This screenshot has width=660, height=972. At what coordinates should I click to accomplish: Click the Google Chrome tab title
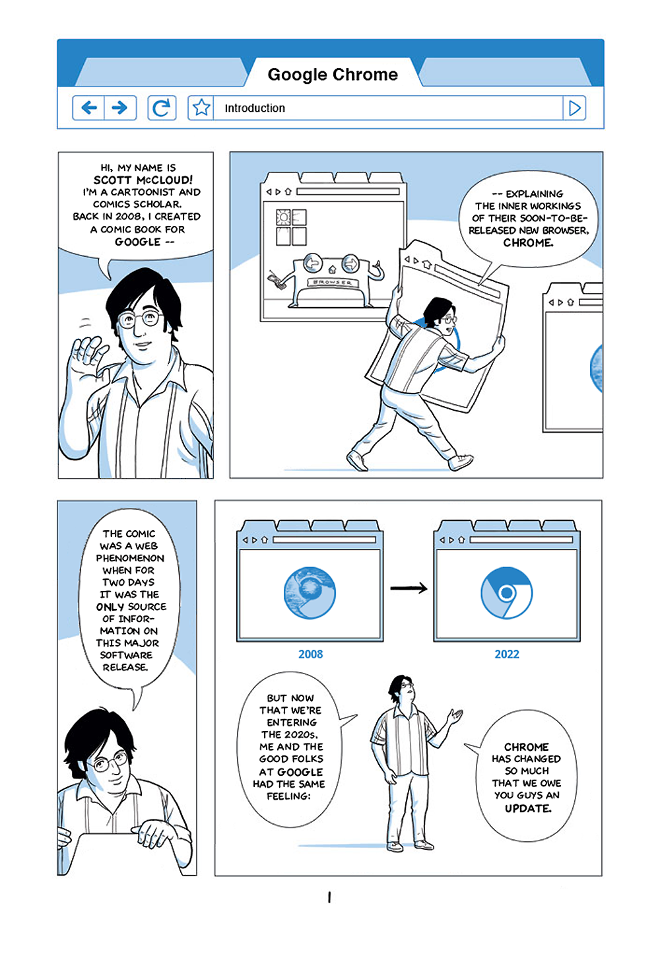pos(333,75)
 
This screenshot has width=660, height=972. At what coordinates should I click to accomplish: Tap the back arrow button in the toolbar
pos(88,108)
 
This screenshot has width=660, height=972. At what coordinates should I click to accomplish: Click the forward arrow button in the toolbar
pos(119,108)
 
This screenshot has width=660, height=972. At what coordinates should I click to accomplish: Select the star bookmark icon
pos(201,108)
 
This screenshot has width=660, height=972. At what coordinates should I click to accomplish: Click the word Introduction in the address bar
pos(255,108)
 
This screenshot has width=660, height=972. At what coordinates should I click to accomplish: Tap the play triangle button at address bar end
pos(574,108)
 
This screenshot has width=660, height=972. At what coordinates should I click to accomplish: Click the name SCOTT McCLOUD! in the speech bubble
pos(143,180)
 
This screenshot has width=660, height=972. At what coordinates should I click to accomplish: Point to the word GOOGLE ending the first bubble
pos(137,242)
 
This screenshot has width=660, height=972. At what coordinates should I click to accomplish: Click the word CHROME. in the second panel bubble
pos(528,243)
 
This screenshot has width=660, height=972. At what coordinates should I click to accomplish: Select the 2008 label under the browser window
pos(310,654)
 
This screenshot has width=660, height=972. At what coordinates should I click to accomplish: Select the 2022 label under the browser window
pos(507,654)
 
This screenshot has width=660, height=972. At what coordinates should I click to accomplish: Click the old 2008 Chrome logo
pos(310,593)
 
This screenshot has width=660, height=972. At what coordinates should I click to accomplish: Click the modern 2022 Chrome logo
pos(506,593)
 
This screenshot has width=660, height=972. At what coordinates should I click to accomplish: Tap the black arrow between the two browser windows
pos(409,588)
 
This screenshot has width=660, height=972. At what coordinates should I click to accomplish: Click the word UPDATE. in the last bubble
pos(528,808)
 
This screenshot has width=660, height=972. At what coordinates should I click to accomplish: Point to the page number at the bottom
pos(329,897)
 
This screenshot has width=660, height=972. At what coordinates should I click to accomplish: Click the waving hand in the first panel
pos(88,353)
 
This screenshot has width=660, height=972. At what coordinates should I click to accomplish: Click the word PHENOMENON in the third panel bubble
pos(130,558)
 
